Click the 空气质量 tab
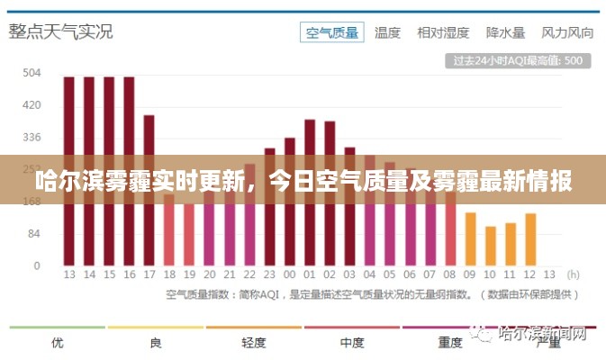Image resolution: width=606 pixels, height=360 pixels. click(x=332, y=32)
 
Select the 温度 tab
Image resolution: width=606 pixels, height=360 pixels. click(x=387, y=32)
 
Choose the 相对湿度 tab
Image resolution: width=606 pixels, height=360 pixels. click(x=443, y=32)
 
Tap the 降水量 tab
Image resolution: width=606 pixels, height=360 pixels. click(x=505, y=32)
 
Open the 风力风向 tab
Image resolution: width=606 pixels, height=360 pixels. click(x=567, y=32)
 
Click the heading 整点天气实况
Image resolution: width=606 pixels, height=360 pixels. click(x=61, y=31)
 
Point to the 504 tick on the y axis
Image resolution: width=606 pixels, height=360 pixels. click(x=32, y=73)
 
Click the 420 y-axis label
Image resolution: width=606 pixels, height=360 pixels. click(x=32, y=105)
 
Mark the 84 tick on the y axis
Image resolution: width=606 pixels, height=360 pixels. click(x=32, y=234)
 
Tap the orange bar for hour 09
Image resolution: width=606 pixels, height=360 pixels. click(x=470, y=239)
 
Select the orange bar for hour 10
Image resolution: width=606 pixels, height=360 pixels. click(x=491, y=246)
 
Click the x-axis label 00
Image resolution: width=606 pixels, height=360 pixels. click(x=289, y=274)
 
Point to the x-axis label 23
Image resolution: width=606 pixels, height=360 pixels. click(x=269, y=274)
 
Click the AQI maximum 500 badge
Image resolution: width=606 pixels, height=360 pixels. click(x=518, y=61)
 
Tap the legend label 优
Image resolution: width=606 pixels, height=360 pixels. click(x=58, y=343)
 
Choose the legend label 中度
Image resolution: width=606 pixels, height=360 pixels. click(x=351, y=343)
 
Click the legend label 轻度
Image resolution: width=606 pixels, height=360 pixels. click(x=254, y=343)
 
